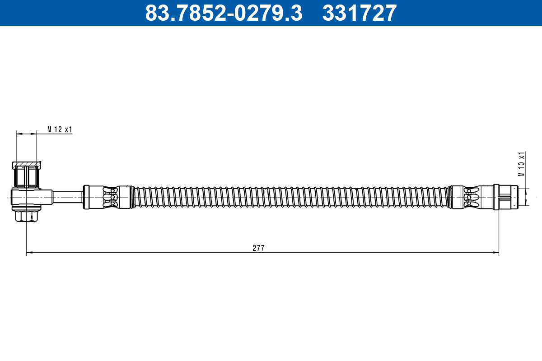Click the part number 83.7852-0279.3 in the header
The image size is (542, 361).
click(223, 13)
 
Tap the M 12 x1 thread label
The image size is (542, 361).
click(60, 130)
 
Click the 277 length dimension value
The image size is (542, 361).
click(258, 248)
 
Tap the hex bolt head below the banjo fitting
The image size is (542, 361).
click(27, 217)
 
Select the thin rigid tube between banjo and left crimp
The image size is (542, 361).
click(68, 197)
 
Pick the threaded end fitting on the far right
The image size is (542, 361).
click(508, 197)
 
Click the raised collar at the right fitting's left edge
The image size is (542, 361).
click(496, 197)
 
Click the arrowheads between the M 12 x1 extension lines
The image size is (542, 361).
click(27, 134)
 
